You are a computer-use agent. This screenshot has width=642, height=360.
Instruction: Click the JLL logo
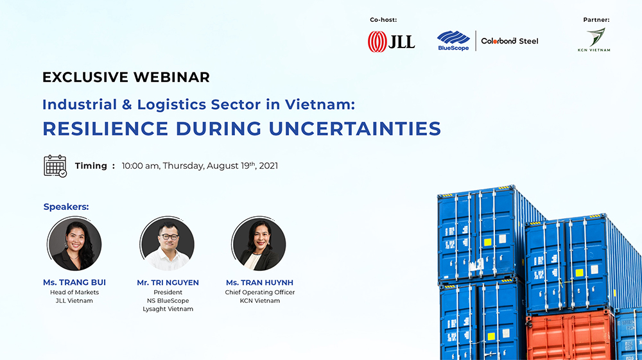point(391,41)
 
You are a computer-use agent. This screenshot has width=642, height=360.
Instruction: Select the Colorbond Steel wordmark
point(510,41)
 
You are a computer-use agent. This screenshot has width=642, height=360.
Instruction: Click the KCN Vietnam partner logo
point(594,40)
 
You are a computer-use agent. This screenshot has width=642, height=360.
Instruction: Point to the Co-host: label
point(383,20)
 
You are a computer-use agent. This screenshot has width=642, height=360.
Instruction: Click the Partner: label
point(596,20)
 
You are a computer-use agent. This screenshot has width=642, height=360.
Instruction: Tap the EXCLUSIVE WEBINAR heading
point(126,77)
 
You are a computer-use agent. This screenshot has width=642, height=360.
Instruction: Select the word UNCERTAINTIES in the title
point(355,128)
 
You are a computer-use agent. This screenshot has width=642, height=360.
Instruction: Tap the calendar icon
point(55,166)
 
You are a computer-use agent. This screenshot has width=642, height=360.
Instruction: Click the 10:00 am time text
point(140,166)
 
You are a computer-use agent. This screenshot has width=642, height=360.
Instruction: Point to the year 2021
point(268,166)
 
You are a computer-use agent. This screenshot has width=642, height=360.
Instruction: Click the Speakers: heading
point(66,207)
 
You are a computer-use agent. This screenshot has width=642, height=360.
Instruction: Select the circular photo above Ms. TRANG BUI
point(74,243)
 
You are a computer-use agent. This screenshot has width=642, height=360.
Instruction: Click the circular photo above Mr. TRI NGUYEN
point(167,243)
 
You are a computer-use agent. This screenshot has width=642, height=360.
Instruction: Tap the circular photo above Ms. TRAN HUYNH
point(259,243)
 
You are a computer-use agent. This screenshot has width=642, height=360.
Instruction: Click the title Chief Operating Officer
point(260,293)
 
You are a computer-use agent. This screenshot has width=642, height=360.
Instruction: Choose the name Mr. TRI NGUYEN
point(168,282)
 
